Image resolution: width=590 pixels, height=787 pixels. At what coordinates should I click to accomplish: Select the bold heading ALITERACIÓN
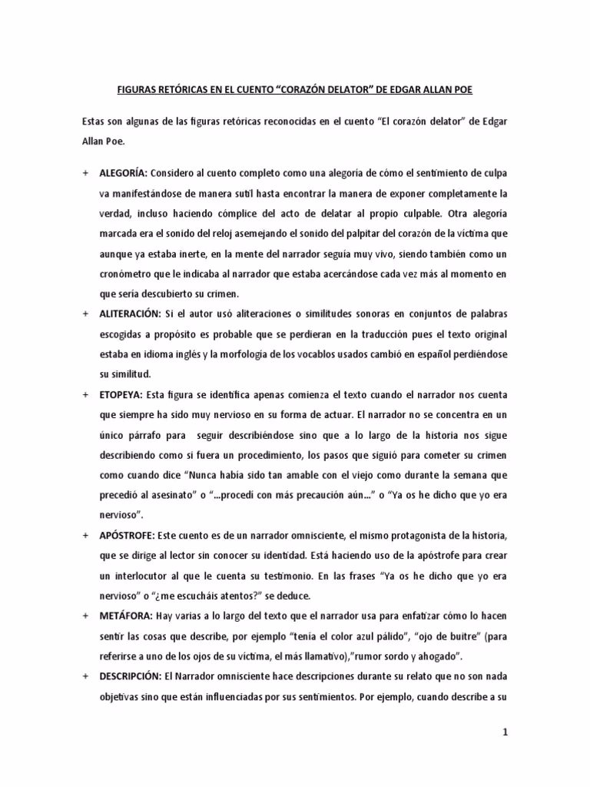click(x=130, y=314)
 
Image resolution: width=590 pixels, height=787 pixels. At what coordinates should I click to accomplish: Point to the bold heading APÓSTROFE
click(x=126, y=534)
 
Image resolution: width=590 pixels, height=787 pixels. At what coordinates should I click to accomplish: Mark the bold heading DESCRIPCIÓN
click(x=129, y=675)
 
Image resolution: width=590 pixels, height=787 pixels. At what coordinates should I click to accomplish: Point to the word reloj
click(x=252, y=233)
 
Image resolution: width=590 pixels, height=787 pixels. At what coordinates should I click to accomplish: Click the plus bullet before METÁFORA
click(x=85, y=615)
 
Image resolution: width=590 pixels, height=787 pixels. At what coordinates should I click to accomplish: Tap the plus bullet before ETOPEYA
click(x=85, y=394)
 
